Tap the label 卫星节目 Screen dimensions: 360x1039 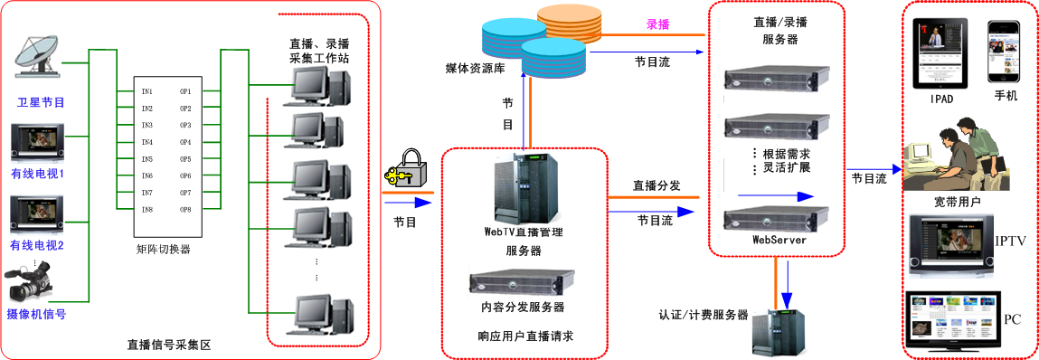41,102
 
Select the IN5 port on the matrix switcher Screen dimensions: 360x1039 146,159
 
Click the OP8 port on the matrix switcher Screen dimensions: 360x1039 185,210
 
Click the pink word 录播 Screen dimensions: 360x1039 657,24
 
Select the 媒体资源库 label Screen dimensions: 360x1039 476,69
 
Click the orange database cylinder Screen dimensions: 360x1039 568,22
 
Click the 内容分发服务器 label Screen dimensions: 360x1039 523,307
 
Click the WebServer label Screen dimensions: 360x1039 779,240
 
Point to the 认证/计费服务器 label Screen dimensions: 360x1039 704,315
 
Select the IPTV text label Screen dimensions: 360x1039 1009,241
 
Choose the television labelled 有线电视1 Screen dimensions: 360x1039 37,144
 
